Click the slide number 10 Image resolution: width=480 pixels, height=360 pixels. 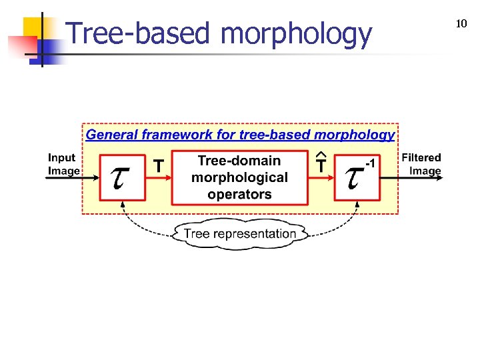pos(461,24)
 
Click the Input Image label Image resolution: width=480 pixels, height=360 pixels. pos(63,164)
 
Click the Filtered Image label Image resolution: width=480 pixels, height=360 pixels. pos(421,164)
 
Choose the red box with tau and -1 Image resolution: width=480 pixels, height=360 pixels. pos(357,177)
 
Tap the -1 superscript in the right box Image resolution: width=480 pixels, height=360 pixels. pos(369,164)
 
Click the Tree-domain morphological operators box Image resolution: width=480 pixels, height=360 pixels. pos(240,177)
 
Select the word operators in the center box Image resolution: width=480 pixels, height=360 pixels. pos(240,195)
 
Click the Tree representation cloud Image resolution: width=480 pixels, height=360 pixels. pos(240,233)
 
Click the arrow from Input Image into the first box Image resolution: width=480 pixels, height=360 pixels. pos(90,177)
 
